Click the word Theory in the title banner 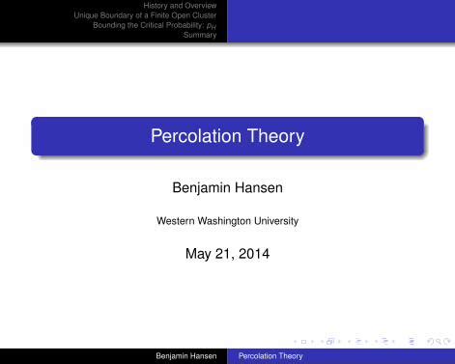[x=270, y=137]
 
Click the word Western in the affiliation [x=175, y=220]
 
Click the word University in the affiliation [x=277, y=220]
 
